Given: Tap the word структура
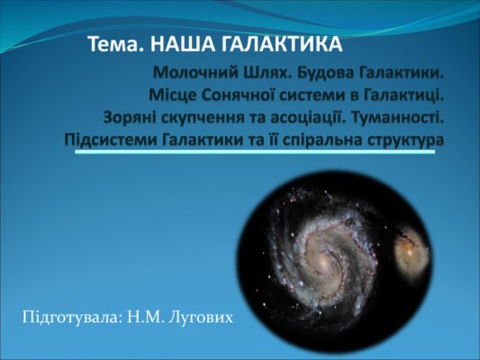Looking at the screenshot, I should [x=408, y=140].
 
